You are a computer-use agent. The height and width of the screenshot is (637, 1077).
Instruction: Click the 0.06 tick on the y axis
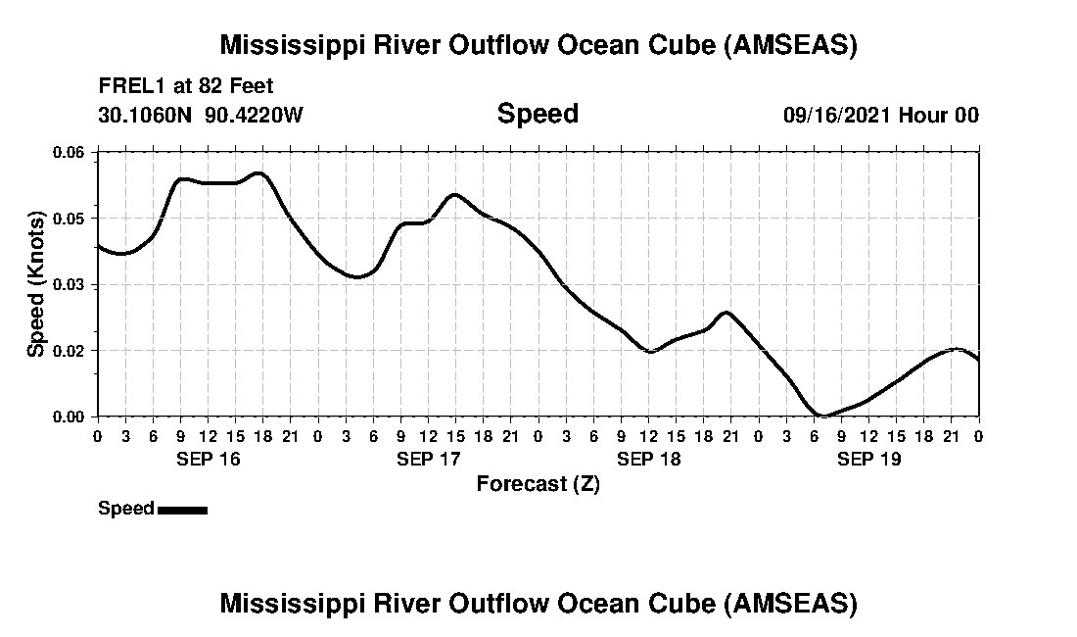71,152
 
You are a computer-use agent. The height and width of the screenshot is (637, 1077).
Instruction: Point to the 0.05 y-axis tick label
71,218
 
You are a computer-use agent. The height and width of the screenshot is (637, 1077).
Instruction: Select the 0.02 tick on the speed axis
71,350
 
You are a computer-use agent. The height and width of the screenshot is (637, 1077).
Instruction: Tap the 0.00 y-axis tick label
71,416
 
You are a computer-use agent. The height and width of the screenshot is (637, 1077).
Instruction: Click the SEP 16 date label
208,459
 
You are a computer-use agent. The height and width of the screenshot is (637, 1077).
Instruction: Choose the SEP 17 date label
429,459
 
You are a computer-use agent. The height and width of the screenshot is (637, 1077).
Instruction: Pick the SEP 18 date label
649,459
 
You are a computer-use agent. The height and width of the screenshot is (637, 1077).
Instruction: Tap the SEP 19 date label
869,459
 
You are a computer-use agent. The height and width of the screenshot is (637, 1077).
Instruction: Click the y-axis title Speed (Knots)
36,283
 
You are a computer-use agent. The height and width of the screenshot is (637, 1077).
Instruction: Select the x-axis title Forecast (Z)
538,483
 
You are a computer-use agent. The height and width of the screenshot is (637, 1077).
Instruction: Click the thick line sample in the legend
182,510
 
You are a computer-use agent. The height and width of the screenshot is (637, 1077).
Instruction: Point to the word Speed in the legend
126,509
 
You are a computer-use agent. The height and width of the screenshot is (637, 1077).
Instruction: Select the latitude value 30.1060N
146,115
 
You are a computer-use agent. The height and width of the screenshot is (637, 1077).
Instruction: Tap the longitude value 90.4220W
255,115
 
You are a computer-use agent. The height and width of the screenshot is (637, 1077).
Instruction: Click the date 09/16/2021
836,115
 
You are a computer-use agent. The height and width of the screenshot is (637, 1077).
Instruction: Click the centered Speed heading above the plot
538,114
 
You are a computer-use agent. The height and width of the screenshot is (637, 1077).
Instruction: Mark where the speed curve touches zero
822,416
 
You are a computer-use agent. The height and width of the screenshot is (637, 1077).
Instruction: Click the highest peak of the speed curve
258,173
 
